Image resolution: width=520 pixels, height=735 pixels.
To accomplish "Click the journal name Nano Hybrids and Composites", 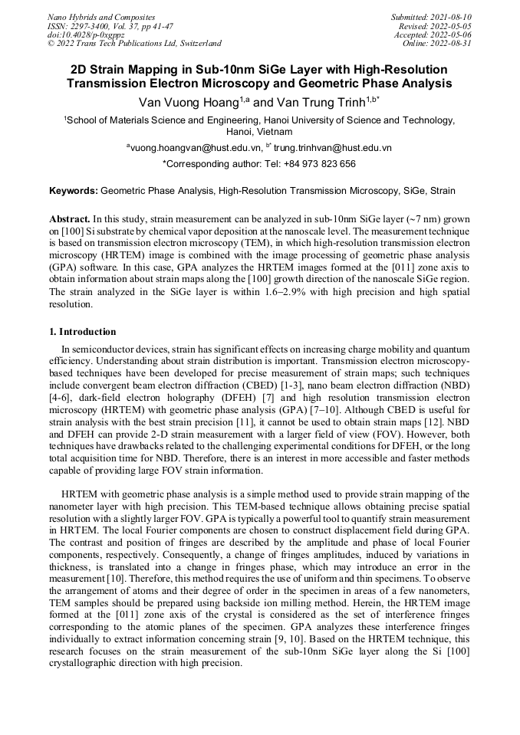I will pos(101,17).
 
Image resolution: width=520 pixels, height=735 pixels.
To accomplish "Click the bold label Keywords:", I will pos(73,191).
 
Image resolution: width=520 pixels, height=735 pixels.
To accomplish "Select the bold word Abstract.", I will pos(71,218).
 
